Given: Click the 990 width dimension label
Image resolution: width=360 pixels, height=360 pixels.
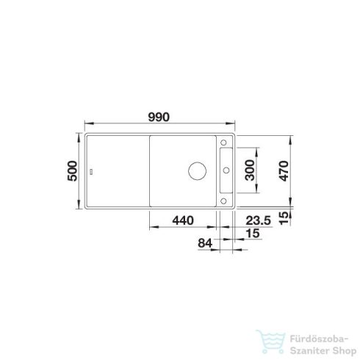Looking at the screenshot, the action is [159, 117].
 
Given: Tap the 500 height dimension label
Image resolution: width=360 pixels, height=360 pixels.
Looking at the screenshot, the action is [73, 171].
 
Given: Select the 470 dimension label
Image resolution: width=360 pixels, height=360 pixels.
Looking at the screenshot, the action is [284, 171].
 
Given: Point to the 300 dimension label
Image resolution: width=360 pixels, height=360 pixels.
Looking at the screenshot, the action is [250, 170].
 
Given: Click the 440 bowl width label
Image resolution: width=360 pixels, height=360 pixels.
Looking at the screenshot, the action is [183, 220].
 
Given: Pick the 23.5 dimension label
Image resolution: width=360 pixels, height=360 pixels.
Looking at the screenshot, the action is [258, 220].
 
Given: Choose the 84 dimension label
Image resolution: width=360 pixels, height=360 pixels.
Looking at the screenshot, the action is [205, 243].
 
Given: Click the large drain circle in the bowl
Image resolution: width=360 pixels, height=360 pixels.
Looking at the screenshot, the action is [197, 171].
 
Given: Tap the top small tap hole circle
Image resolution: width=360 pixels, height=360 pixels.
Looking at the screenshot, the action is [223, 143].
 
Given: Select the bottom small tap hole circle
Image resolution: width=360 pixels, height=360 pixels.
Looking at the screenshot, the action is [223, 201].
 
